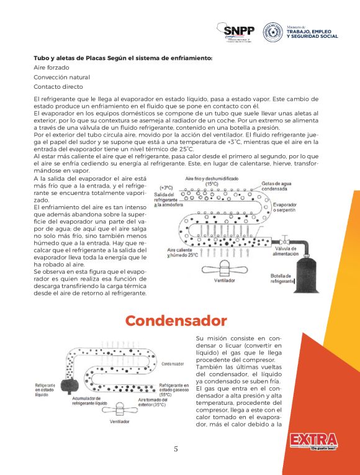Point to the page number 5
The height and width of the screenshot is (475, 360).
point(176,449)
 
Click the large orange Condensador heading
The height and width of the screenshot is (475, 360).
point(176,320)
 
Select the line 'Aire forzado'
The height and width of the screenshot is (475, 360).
point(52,67)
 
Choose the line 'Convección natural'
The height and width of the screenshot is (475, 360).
point(61,77)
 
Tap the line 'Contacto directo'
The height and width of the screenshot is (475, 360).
point(58,87)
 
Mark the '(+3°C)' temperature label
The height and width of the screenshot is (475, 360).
point(166,187)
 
